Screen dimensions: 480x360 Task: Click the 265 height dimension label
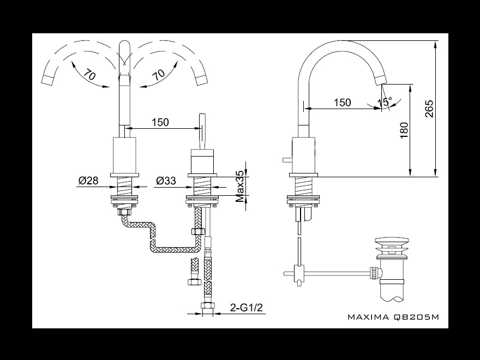coord(429,109)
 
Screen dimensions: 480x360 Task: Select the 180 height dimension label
coord(404,130)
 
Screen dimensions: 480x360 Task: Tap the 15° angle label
coord(385,101)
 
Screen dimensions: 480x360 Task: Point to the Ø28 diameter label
coord(88,181)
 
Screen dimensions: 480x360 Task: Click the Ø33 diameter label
coord(166,181)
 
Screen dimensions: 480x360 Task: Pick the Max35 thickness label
coord(241,186)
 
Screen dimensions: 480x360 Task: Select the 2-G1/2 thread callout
coord(247,307)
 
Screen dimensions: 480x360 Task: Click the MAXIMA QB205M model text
coord(393,317)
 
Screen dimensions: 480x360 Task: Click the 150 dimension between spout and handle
coord(160,122)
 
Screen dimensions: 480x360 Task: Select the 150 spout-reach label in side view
coord(342,102)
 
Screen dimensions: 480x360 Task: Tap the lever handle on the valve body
coord(202,131)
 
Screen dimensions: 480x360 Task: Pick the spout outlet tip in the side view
coord(381,81)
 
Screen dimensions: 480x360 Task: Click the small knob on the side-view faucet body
coord(287,159)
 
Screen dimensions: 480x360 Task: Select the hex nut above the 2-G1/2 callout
coord(208,305)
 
